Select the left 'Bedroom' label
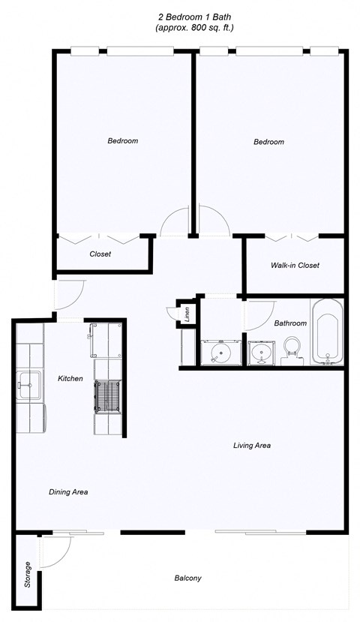(122, 140)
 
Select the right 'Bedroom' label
(268, 142)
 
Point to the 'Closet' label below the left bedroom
(100, 254)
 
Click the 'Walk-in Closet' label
(295, 266)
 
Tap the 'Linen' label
(187, 314)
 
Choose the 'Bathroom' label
(289, 323)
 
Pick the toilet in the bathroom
(291, 350)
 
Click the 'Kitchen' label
(70, 379)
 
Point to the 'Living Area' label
(251, 446)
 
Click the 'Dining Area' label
(69, 492)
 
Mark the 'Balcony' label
(187, 578)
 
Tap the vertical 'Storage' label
(28, 575)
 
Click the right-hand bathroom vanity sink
(262, 352)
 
